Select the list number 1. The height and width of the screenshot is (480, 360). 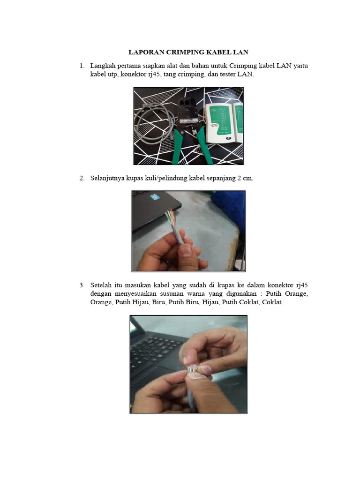point(82,66)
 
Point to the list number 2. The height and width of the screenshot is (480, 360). point(82,178)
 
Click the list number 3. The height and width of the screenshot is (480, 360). point(82,285)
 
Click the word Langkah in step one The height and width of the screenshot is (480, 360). point(103,66)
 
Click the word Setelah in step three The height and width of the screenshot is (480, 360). point(101,285)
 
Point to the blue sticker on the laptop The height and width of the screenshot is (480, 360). point(153,198)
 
